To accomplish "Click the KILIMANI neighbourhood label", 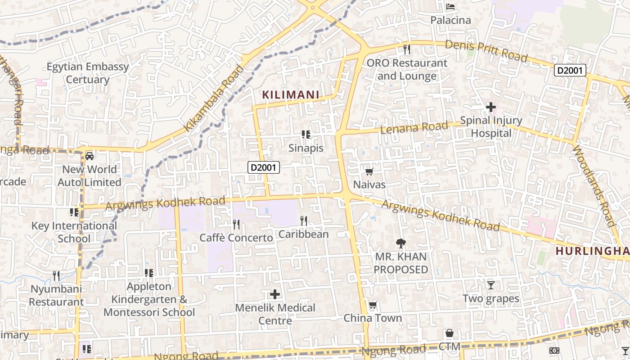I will pos(291,95).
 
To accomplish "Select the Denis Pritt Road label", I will pos(486,51).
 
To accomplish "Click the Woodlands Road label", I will pos(594,186).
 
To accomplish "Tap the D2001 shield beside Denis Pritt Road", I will pos(570,70).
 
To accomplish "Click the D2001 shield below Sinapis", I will pos(264,168).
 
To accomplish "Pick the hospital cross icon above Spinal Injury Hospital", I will pos(491,107).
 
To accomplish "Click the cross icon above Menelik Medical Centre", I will pos(274,295).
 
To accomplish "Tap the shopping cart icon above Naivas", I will pos(369,171).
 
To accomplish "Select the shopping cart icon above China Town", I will pos(373,306).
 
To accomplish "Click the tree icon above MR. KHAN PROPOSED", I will pos(400,243).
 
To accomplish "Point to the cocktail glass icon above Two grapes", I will pos(491,285).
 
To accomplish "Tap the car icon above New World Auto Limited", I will pos(90,156).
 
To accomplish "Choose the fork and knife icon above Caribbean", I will pos(304,220).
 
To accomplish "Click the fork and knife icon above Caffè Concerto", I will pos(236,224).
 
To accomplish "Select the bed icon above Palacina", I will pos(450,7).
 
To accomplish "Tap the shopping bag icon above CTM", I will pos(449,333).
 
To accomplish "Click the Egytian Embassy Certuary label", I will pos(88,73).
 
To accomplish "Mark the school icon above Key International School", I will pos(74,212).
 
